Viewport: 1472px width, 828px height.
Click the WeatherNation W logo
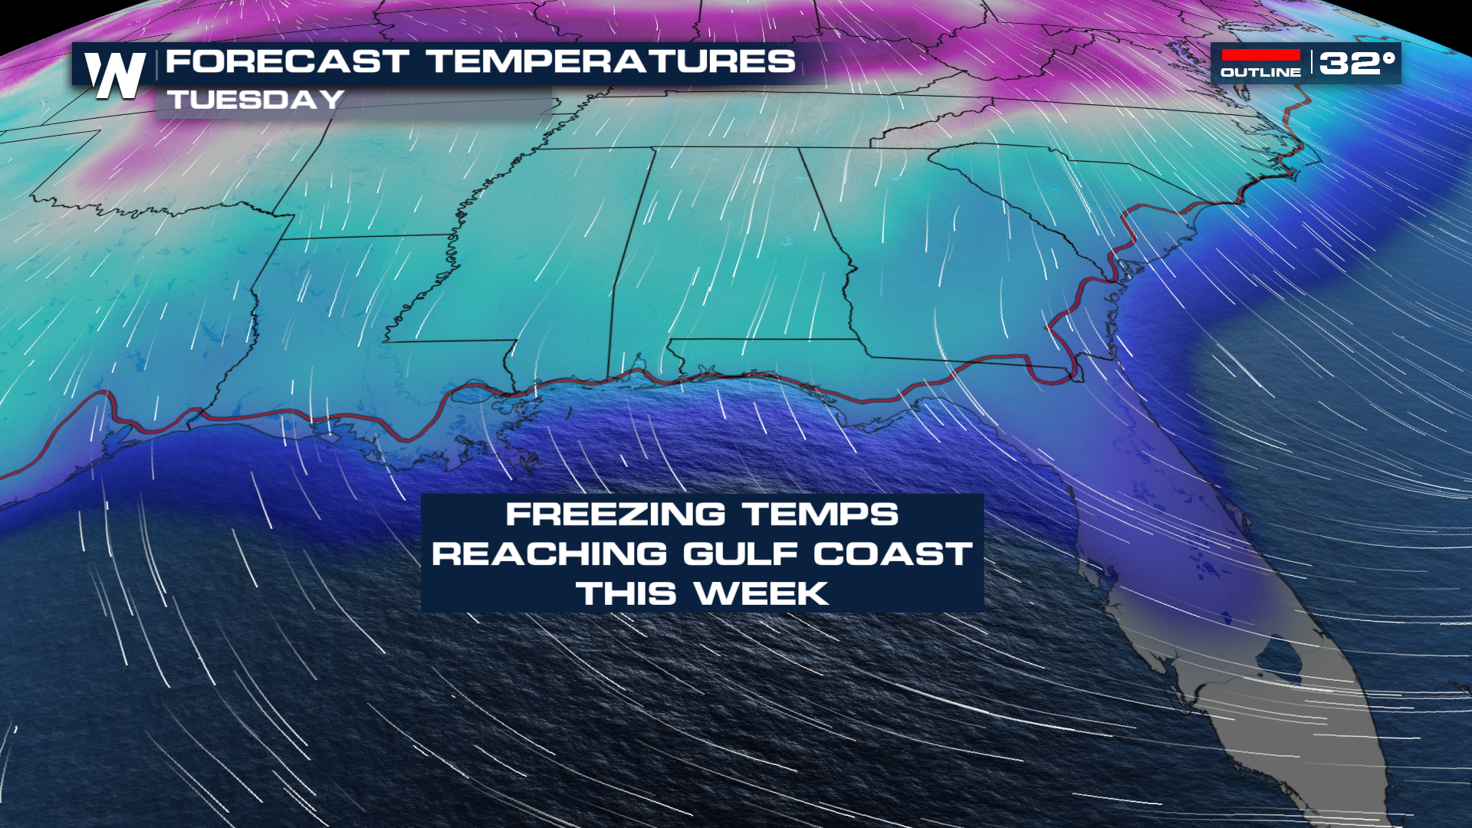[115, 74]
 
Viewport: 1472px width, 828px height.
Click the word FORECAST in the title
[287, 61]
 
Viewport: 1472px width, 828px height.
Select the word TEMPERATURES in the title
[611, 61]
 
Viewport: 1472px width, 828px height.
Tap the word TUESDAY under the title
[256, 100]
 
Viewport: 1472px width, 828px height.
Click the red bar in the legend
[1260, 55]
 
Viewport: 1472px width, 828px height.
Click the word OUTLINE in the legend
[1260, 73]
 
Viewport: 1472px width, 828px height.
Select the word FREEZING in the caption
[615, 514]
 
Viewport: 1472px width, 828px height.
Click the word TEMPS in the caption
[820, 514]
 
